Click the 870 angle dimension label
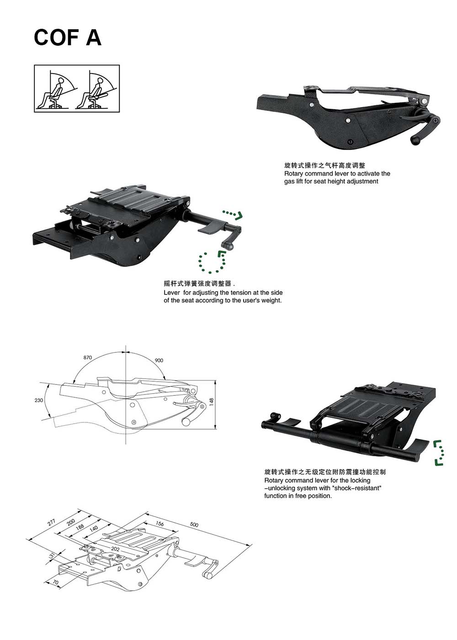[88, 357]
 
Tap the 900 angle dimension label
[159, 360]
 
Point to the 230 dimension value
[39, 400]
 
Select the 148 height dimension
[212, 401]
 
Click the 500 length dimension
[194, 525]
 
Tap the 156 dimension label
[159, 523]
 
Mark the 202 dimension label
[115, 549]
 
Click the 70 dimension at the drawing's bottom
[56, 582]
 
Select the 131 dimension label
[52, 556]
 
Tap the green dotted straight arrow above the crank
[233, 214]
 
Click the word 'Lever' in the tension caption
[172, 293]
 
